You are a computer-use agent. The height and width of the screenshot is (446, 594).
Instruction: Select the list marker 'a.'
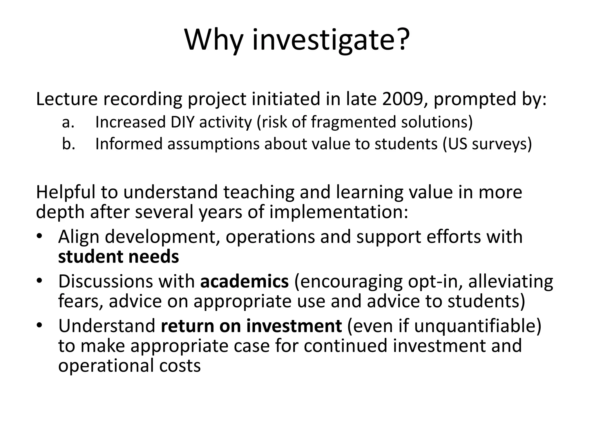(x=68, y=122)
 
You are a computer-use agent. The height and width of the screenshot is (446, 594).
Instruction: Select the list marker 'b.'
(x=69, y=144)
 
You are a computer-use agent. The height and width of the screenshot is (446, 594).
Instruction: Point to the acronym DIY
(x=182, y=122)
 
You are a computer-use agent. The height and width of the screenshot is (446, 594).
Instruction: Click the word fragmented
(x=353, y=122)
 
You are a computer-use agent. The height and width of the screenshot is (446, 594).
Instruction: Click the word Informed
(x=129, y=144)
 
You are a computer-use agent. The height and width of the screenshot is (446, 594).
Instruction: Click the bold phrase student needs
(x=119, y=257)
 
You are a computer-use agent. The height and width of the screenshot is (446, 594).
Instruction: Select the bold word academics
(x=245, y=281)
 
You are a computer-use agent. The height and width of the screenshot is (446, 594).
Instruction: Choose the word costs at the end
(x=180, y=366)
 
